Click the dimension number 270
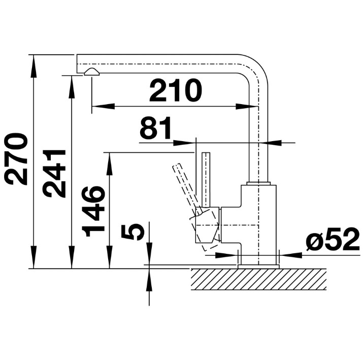click(16, 159)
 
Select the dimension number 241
click(54, 174)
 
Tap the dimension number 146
click(93, 211)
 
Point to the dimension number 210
click(176, 90)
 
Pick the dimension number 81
click(155, 128)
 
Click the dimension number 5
click(133, 232)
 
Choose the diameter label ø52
click(333, 239)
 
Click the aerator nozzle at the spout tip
click(92, 72)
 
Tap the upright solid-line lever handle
click(206, 179)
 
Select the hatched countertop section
click(258, 279)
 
